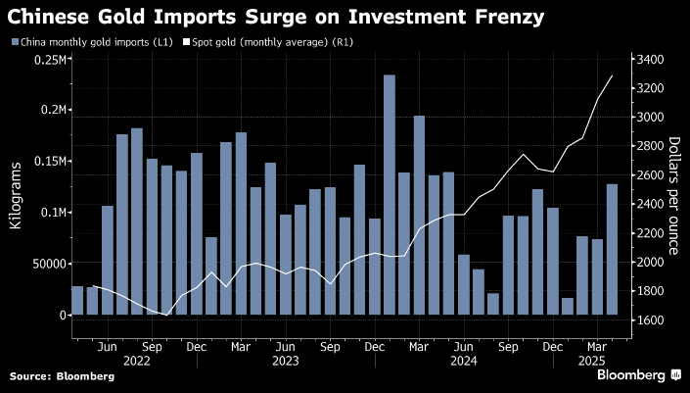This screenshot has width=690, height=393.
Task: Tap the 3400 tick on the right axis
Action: pos(650,60)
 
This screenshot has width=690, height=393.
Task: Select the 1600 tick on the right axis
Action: pos(650,319)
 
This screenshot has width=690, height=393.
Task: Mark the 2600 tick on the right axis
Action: pos(650,175)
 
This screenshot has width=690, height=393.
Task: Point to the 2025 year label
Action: pos(593,361)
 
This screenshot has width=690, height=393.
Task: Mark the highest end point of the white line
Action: pos(613,75)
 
